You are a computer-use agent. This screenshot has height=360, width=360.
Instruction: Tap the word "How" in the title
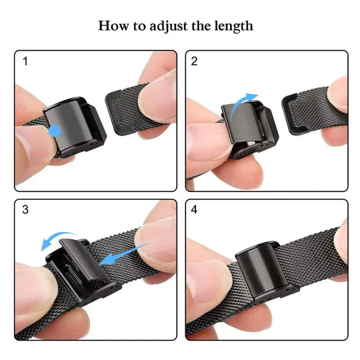(113, 26)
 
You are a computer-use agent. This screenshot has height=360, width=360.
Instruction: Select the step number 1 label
(25, 62)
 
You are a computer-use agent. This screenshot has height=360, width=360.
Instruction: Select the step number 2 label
(195, 62)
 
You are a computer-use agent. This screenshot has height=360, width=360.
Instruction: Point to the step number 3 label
(25, 210)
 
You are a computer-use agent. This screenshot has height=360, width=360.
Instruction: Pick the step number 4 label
(195, 210)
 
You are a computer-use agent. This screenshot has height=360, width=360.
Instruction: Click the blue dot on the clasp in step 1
(56, 131)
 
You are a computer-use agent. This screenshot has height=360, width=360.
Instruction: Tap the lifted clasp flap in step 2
(245, 123)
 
